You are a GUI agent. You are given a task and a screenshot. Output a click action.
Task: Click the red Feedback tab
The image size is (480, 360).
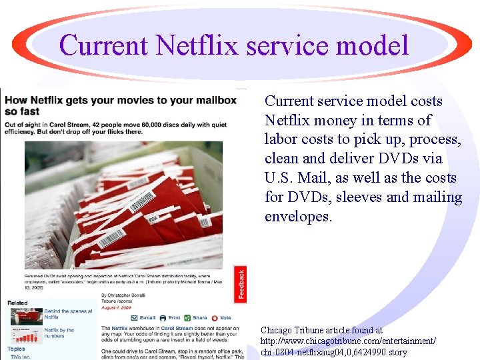(x=241, y=284)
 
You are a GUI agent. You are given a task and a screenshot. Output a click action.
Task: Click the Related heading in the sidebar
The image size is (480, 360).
(x=17, y=303)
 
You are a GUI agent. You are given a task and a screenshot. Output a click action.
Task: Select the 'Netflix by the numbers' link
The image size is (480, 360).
(x=60, y=333)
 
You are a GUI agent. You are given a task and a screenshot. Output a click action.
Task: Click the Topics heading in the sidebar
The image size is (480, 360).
(x=16, y=349)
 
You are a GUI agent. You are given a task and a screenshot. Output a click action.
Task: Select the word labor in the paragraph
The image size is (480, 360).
(x=280, y=139)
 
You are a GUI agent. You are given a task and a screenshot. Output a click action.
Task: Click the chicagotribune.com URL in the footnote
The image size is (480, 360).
(x=348, y=341)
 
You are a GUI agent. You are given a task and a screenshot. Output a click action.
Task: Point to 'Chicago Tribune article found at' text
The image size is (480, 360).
(x=321, y=330)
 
